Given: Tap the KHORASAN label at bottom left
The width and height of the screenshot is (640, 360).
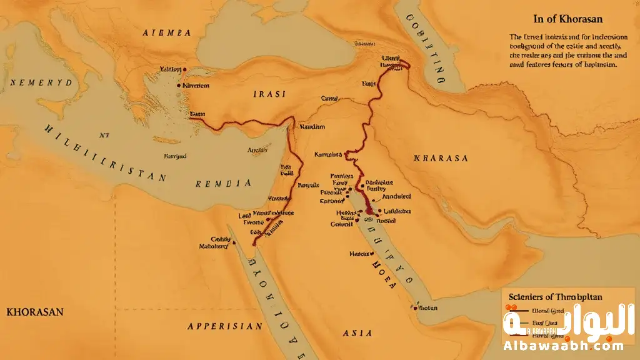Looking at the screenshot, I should click(x=34, y=312).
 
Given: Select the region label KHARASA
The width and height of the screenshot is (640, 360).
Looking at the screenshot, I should click(x=441, y=159).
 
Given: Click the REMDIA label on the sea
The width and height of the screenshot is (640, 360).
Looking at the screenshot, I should click(x=223, y=184).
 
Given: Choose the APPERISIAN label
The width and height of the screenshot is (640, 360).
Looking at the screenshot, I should click(x=225, y=326).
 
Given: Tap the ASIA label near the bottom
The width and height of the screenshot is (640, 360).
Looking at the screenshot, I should click(x=358, y=333).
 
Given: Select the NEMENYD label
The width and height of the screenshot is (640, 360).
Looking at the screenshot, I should click(x=41, y=82).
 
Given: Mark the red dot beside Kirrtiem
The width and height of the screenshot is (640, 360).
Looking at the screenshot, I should click(x=179, y=85).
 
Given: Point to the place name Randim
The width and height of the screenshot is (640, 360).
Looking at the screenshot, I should click(x=312, y=126).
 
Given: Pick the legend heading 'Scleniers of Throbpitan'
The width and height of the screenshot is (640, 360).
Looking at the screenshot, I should click(x=551, y=297).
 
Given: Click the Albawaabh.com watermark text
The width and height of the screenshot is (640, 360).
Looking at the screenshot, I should click(x=562, y=346).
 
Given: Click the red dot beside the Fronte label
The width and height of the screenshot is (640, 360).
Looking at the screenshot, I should click(x=267, y=220).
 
